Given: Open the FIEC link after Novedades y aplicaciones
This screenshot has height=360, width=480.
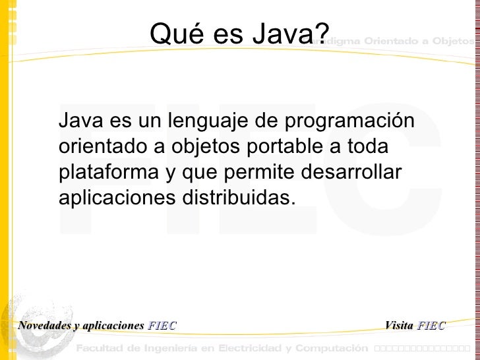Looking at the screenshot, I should [162, 326].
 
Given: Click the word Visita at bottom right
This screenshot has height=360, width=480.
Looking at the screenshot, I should [398, 326].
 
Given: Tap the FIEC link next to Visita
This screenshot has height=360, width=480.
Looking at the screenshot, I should [431, 326].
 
